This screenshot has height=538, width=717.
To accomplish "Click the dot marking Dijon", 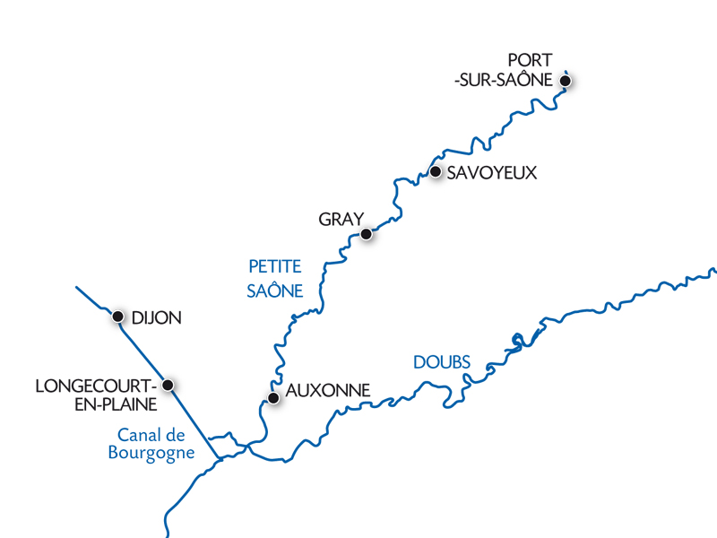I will [x=117, y=317].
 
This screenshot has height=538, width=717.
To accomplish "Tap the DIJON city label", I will [x=156, y=317].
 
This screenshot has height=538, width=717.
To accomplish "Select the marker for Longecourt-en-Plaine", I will [x=168, y=386].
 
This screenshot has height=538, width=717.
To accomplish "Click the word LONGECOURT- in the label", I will [x=93, y=386].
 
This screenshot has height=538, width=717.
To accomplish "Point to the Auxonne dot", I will [x=273, y=398].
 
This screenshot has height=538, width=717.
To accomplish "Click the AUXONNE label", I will [x=327, y=392].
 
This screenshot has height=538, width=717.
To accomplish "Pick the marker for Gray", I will [x=366, y=234].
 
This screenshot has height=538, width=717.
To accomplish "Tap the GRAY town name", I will [x=341, y=220].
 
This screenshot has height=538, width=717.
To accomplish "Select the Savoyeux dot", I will [x=436, y=171].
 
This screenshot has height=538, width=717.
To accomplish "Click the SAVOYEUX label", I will [x=492, y=173].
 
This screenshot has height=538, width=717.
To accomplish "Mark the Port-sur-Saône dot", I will [x=565, y=81].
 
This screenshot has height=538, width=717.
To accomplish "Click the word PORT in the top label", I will [x=530, y=61].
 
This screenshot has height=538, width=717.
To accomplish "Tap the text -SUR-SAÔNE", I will [x=503, y=81].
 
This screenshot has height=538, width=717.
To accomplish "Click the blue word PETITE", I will [x=275, y=267].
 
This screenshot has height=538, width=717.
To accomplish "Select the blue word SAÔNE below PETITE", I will [x=275, y=291].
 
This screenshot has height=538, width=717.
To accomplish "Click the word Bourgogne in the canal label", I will [x=151, y=453].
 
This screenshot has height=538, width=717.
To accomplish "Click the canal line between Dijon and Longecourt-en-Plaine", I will [x=143, y=351].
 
